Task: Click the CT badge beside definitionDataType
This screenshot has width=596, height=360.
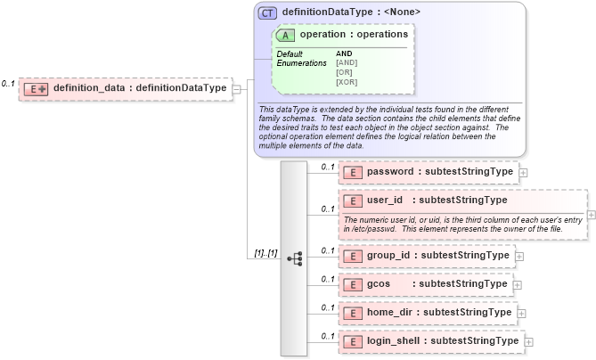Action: coord(267,12)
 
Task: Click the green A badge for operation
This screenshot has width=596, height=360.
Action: coord(286,35)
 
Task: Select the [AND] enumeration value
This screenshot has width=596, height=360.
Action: coord(347,62)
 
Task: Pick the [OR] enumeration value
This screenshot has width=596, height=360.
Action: coord(345,72)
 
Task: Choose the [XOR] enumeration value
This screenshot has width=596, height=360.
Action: coord(347,82)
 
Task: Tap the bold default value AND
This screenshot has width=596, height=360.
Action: coord(344,53)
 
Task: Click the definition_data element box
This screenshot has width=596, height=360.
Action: coord(125,88)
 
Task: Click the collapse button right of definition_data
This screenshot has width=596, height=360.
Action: coord(236,88)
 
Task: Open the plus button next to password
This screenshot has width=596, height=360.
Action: coord(523,173)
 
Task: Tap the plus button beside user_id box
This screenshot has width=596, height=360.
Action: coord(592,215)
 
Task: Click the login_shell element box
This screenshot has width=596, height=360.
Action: coord(431,340)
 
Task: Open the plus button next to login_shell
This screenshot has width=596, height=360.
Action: coord(528,341)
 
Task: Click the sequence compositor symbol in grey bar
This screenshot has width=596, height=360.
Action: coord(295,258)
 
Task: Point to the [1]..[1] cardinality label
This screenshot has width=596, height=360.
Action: coord(265,253)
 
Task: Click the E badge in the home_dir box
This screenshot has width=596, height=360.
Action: coord(352,313)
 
